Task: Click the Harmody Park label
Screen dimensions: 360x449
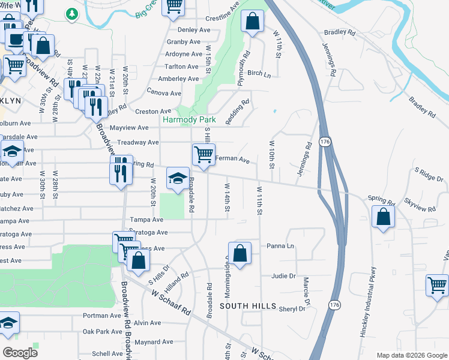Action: [x=189, y=120]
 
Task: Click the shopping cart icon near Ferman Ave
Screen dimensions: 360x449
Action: [x=203, y=155]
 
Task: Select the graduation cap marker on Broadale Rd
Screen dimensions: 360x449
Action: [x=177, y=178]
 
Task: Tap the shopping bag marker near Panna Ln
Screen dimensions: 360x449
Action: [x=240, y=253]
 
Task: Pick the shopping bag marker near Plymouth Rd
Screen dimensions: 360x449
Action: [x=253, y=22]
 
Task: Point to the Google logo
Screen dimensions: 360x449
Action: [x=20, y=352]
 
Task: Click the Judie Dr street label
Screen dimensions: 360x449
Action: [x=283, y=276]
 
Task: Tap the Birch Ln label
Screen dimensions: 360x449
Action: [x=259, y=73]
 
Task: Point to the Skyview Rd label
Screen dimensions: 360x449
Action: [x=420, y=205]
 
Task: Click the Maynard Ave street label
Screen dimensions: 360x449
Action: [x=154, y=342]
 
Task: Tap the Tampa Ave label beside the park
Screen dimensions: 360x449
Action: [x=147, y=220]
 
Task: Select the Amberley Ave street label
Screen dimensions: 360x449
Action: [x=178, y=79]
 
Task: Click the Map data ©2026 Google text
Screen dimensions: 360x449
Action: [x=412, y=355]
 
